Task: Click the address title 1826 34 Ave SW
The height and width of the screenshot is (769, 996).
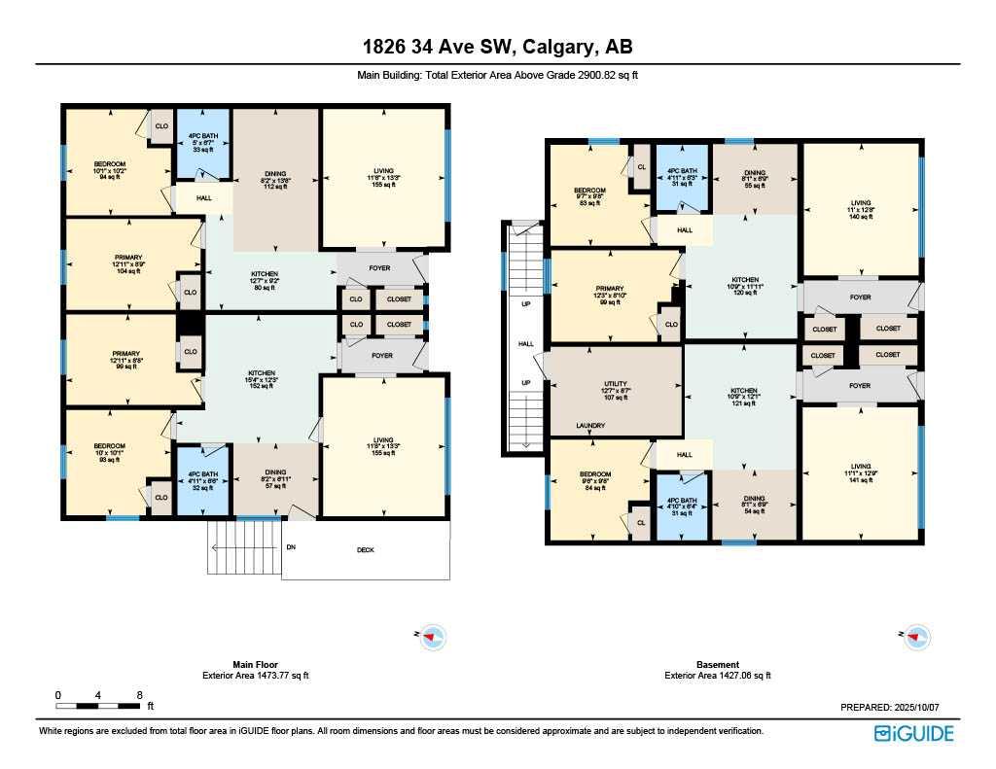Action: click(497, 47)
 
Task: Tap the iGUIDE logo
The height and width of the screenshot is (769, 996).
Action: click(913, 733)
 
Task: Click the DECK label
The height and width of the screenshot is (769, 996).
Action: click(365, 550)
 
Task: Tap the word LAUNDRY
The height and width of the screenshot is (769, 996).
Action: click(590, 426)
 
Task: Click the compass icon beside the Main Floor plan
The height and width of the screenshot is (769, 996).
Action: click(433, 637)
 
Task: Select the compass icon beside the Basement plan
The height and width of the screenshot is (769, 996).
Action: click(916, 637)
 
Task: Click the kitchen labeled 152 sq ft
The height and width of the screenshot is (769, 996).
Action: click(262, 378)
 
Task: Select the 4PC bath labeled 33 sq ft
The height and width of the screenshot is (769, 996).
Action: click(202, 146)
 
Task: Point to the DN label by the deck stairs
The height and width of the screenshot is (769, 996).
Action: click(290, 547)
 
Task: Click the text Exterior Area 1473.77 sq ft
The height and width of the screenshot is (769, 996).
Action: click(256, 675)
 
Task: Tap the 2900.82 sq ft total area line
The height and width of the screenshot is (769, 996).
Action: click(497, 75)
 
